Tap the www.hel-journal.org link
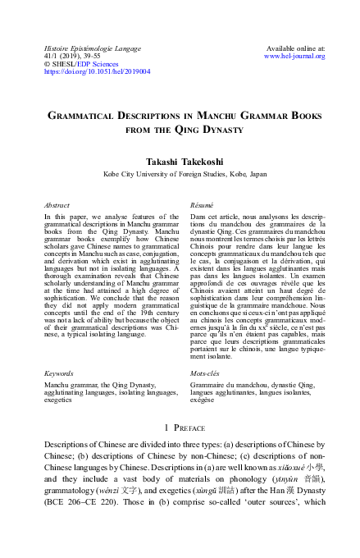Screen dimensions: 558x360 coord(294,56)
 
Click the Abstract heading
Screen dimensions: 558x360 coord(57,204)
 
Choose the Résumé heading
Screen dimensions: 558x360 coord(202,204)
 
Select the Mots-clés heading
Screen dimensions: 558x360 coord(205,373)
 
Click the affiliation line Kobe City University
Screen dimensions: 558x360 coord(180,174)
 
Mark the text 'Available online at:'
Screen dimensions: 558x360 coord(294,48)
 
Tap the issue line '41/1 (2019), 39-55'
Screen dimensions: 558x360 coord(70,56)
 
